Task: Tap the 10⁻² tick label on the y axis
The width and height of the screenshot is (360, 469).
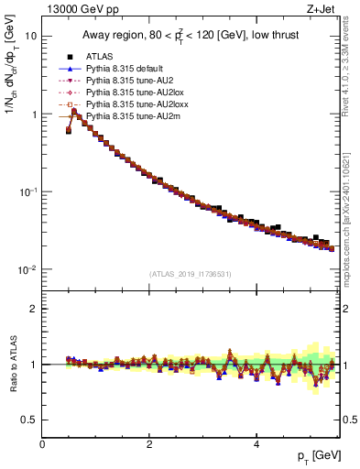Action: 28,270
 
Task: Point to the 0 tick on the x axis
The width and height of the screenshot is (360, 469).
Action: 43,443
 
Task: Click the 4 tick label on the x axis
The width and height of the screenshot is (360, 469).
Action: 256,443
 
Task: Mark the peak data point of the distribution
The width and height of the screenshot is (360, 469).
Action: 74,112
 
